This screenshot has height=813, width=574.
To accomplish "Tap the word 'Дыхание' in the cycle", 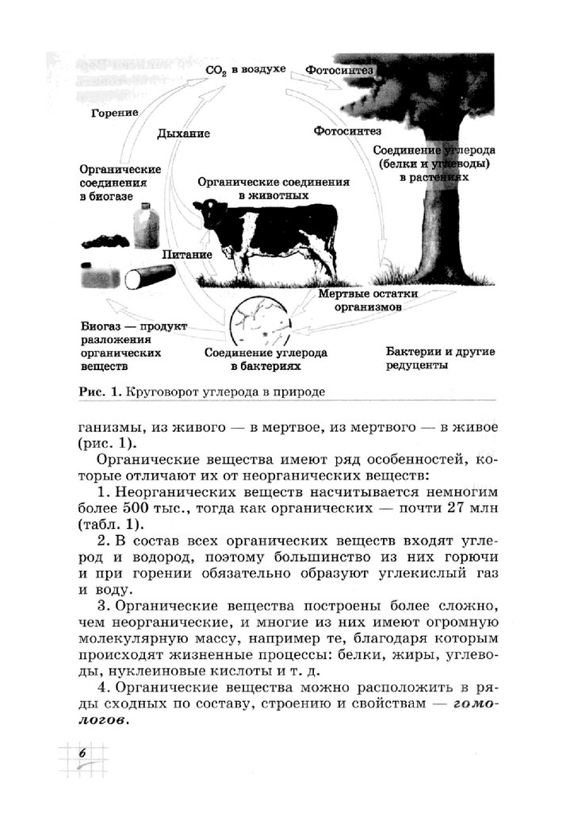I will [x=183, y=134].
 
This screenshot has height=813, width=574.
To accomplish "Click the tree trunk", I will [x=436, y=230].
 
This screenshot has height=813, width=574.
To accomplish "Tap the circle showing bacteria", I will [x=261, y=322].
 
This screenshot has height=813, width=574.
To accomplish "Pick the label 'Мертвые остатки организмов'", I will [x=368, y=299].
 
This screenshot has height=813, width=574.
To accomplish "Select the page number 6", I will [x=81, y=753].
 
